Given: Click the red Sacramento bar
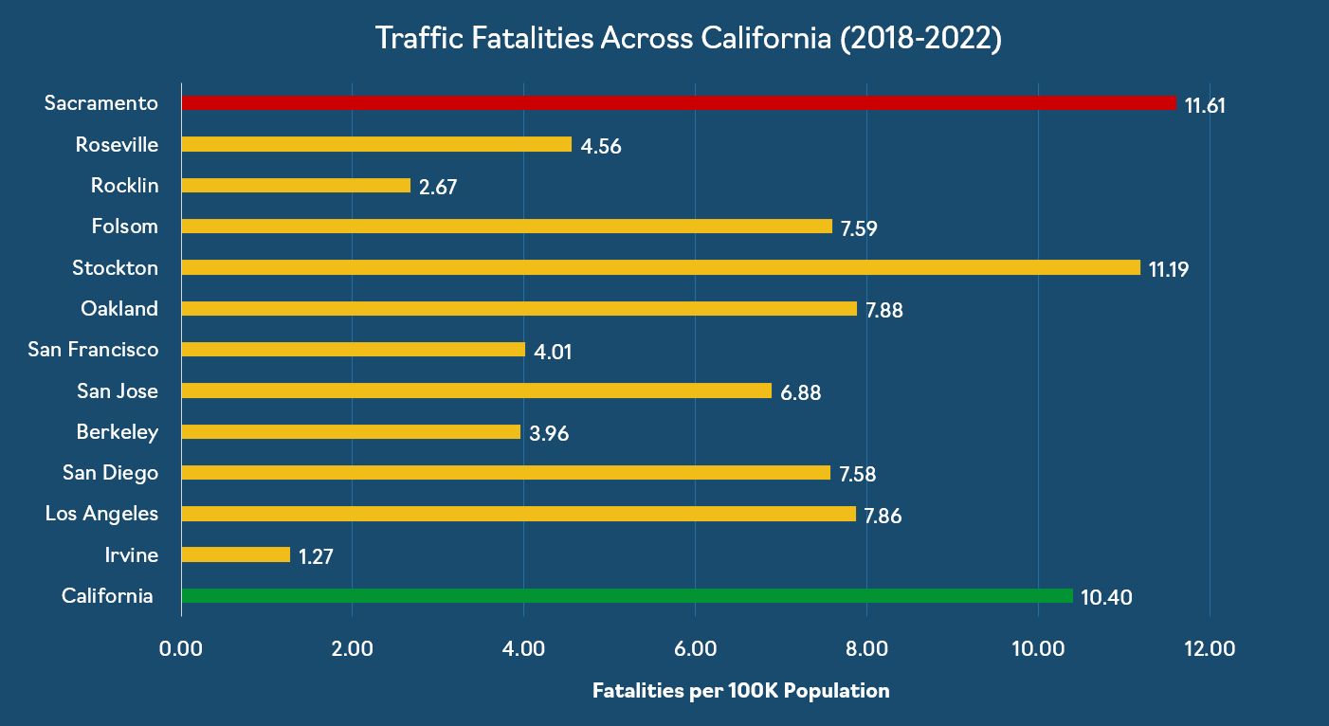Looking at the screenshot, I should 678,103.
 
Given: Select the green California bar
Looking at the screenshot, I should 627,596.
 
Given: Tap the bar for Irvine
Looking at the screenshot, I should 235,554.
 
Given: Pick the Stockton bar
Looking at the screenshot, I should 660,267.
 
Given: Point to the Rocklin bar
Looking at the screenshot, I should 296,186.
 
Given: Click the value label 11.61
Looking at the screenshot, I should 1205,105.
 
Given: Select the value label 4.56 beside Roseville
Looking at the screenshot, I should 601,147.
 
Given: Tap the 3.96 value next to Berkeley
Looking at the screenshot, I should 549,434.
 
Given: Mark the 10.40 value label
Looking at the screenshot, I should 1106,598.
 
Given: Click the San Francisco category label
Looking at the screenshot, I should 93,350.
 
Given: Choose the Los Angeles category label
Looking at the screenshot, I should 101,514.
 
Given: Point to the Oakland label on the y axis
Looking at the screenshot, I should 119,309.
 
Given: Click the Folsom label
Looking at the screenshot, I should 125,227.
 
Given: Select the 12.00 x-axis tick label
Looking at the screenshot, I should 1210,649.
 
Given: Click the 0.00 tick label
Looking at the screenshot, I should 181,649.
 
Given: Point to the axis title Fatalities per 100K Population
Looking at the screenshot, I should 740,691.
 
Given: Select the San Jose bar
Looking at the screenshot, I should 476,390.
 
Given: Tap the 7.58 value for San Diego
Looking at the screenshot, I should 858,475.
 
